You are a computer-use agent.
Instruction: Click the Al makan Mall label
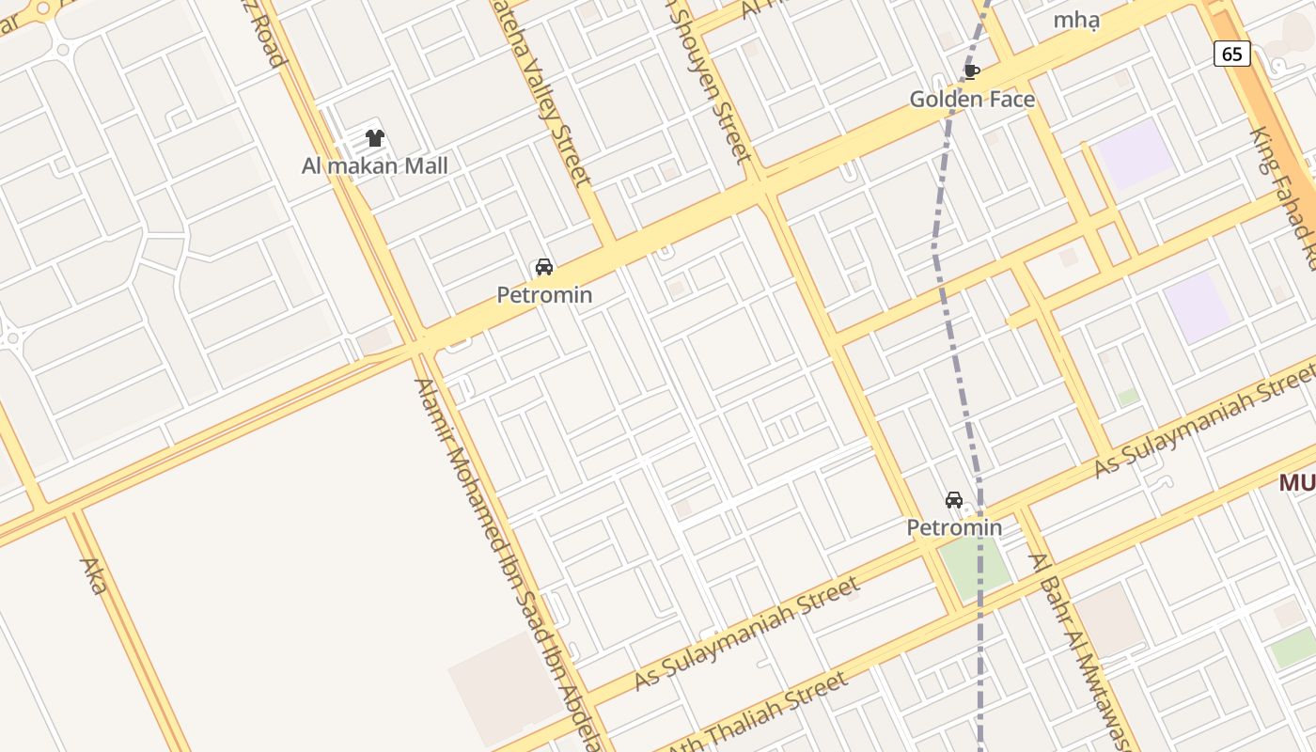374,166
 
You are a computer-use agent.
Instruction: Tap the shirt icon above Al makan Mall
375,138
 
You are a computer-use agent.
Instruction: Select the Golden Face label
972,99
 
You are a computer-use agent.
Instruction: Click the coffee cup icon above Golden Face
972,70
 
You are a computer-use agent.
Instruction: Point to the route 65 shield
1231,54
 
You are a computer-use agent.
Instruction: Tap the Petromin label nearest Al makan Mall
544,295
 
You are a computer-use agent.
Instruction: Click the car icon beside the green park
954,500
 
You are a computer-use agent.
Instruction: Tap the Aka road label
93,575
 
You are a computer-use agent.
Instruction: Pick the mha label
1076,20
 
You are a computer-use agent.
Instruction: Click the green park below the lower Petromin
976,564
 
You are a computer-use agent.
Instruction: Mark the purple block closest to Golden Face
1136,152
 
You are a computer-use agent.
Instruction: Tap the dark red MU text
1297,483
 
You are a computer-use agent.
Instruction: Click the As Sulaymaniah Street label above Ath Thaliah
747,634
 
